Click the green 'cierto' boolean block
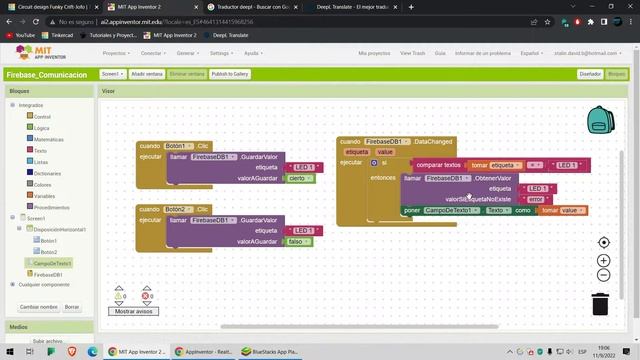point(296,178)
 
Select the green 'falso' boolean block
point(295,242)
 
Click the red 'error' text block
point(536,199)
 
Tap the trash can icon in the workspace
point(600,303)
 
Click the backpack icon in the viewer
point(600,121)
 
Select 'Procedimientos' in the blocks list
point(52,207)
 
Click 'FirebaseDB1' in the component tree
point(48,274)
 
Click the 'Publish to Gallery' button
point(230,74)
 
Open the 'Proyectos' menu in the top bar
point(116,53)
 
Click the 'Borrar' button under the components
point(71,307)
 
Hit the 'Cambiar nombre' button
point(38,307)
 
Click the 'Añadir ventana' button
point(147,74)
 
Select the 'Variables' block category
point(46,196)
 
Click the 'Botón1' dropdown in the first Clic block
point(179,145)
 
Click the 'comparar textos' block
point(438,164)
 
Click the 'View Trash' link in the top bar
point(412,53)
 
